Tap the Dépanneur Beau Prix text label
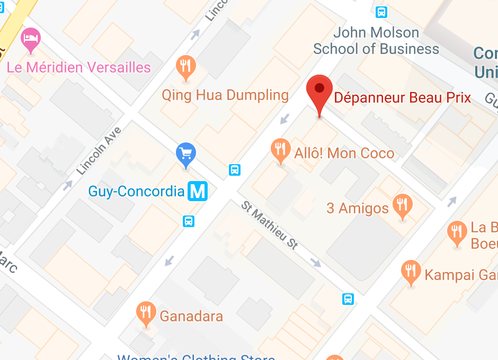tap(402, 98)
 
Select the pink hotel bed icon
tap(30, 39)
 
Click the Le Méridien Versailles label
tap(78, 68)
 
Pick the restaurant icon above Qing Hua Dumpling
tap(185, 67)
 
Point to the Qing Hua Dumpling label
tap(225, 95)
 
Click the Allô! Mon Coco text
tap(344, 154)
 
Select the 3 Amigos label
tap(358, 208)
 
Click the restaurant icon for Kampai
tap(411, 271)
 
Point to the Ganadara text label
tap(191, 317)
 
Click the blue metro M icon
tap(198, 191)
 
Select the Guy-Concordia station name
tap(136, 191)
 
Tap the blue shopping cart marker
tap(185, 154)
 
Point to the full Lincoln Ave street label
tap(99, 151)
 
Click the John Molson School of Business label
tap(376, 41)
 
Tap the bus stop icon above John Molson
tap(381, 12)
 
